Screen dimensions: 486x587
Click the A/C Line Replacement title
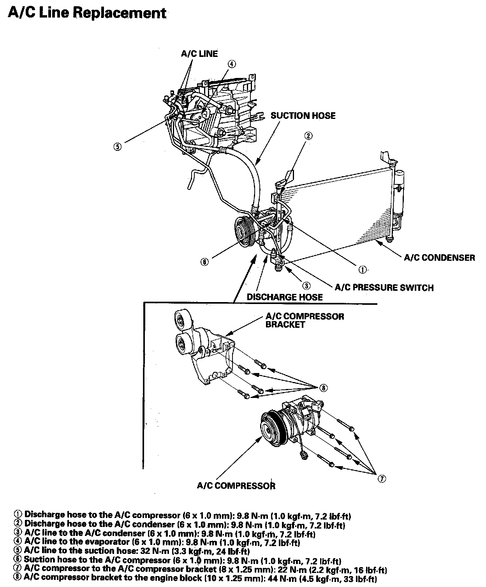coord(87,13)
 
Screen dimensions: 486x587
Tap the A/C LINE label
coord(199,53)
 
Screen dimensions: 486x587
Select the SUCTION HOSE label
coord(303,115)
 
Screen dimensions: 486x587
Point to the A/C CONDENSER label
coord(439,257)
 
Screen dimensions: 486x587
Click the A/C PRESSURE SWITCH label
coord(384,288)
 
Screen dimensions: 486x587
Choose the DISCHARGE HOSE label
coord(285,297)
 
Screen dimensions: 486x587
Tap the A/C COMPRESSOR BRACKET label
coord(305,320)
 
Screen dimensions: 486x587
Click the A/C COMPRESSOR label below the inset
coord(236,486)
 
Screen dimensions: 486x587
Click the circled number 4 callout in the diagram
coord(231,64)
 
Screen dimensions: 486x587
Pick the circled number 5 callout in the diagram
coord(117,147)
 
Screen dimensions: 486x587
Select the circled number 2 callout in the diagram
coord(308,136)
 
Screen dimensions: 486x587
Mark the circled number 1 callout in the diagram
coord(362,269)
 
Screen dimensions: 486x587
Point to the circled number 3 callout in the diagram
coord(306,286)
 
